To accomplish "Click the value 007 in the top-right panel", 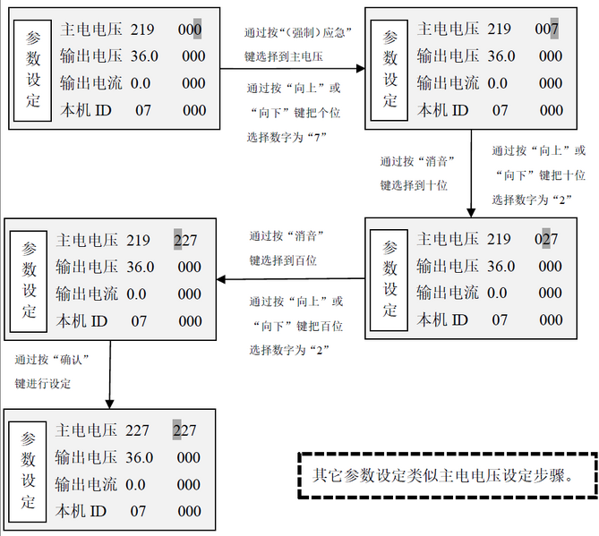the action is click(x=547, y=29).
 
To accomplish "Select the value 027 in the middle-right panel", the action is click(x=546, y=239).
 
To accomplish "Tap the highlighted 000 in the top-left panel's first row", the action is click(x=190, y=30).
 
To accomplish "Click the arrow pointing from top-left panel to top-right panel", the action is click(x=293, y=69).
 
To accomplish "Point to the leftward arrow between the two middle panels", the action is click(x=291, y=279).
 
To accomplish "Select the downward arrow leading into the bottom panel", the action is click(x=110, y=375).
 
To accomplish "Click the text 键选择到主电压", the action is click(x=284, y=57).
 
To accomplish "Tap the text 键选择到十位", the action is click(x=414, y=185).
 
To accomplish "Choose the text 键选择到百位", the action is click(x=283, y=260).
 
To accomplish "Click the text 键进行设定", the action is click(x=42, y=384).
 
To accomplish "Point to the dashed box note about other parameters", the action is click(x=448, y=475).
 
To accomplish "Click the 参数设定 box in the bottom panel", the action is click(x=28, y=472).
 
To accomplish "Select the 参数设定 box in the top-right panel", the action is click(x=389, y=71).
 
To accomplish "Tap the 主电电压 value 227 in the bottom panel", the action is click(x=137, y=430).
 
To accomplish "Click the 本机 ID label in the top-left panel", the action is click(x=86, y=110).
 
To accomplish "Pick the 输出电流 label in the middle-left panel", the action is click(x=87, y=294).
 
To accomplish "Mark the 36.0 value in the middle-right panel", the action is click(x=501, y=266).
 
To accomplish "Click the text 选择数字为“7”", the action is click(x=287, y=137).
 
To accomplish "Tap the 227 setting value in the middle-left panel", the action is click(x=185, y=240).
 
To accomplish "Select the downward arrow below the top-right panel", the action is click(x=471, y=174).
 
